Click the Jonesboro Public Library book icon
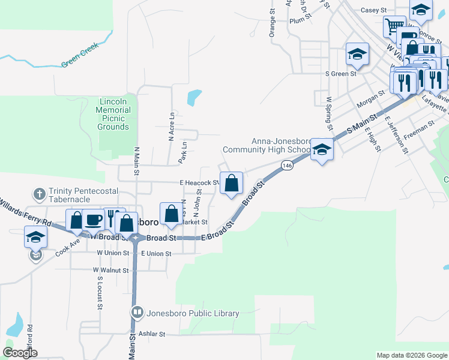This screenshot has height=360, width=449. click(x=137, y=313)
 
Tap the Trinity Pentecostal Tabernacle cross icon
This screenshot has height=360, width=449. click(x=39, y=194)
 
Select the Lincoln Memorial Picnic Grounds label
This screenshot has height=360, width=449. click(x=113, y=114)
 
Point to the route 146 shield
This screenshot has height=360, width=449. click(x=289, y=165)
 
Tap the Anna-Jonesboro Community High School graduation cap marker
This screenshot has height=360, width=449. click(x=322, y=149)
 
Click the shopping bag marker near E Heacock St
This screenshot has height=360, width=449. click(x=232, y=183)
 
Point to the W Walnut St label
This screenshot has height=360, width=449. click(x=111, y=271)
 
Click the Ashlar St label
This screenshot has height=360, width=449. click(x=151, y=334)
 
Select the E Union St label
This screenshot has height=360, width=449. click(x=157, y=254)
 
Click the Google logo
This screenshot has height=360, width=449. click(x=20, y=353)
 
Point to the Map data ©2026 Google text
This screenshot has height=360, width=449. click(x=411, y=355)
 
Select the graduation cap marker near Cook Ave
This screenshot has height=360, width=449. click(x=35, y=237)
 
